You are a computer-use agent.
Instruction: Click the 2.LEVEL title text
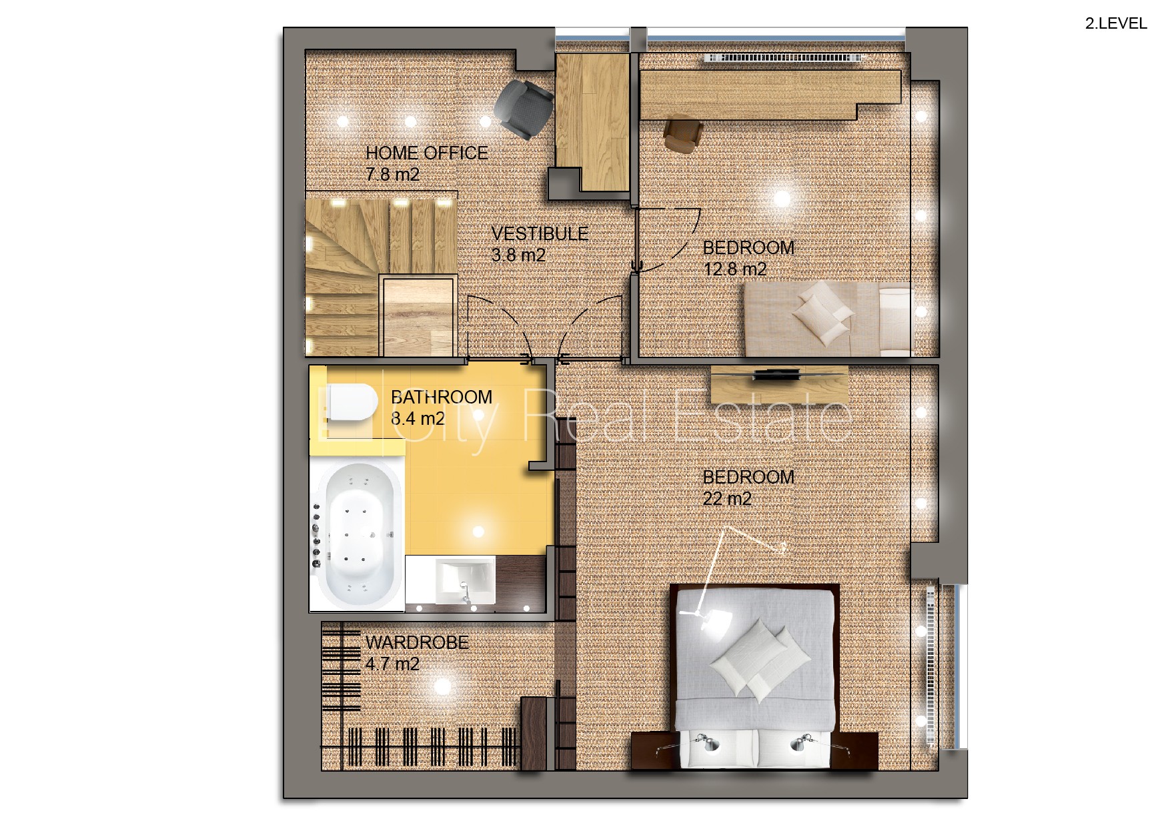click(1116, 23)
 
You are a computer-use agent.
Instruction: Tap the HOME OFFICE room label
click(427, 153)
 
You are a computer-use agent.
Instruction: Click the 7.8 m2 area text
click(392, 175)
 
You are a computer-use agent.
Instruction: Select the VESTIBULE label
click(540, 234)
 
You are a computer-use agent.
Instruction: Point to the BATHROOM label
click(442, 397)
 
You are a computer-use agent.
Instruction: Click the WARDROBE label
click(417, 643)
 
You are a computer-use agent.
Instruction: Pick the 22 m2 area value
click(727, 499)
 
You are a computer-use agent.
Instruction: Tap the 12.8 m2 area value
click(735, 269)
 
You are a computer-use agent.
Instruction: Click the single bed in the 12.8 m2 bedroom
click(828, 319)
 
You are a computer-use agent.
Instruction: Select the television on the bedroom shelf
click(778, 375)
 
